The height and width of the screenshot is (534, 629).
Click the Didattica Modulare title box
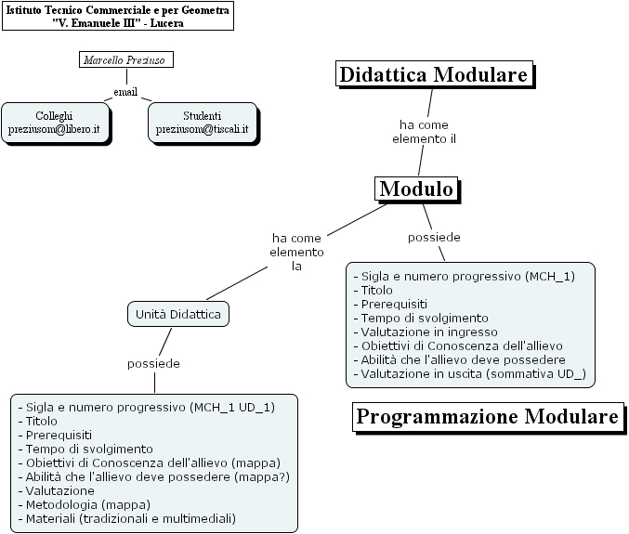pyautogui.click(x=434, y=75)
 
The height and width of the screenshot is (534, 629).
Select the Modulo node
pyautogui.click(x=417, y=189)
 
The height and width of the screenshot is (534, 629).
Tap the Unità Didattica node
pyautogui.click(x=178, y=315)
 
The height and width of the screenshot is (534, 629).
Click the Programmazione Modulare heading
pyautogui.click(x=487, y=417)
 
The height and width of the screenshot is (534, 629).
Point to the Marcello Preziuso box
pyautogui.click(x=126, y=60)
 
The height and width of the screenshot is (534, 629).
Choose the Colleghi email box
pyautogui.click(x=54, y=123)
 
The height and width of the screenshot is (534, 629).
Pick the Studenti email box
pyautogui.click(x=202, y=123)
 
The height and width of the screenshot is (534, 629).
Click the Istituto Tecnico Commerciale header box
pyautogui.click(x=117, y=16)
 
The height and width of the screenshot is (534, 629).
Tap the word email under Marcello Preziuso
pyautogui.click(x=125, y=92)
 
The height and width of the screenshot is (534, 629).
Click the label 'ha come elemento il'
pyautogui.click(x=426, y=131)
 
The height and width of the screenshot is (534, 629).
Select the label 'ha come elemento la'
pyautogui.click(x=297, y=252)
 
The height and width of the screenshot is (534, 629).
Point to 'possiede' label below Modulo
pyautogui.click(x=434, y=237)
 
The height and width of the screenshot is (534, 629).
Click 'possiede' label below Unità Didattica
pyautogui.click(x=153, y=363)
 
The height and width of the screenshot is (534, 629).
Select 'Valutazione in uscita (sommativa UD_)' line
pyautogui.click(x=470, y=373)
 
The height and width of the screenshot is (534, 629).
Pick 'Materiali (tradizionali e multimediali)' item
pyautogui.click(x=131, y=517)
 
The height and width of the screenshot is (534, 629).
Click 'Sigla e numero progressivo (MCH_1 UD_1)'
pyautogui.click(x=151, y=407)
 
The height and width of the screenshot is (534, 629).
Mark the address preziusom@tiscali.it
pyautogui.click(x=202, y=129)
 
